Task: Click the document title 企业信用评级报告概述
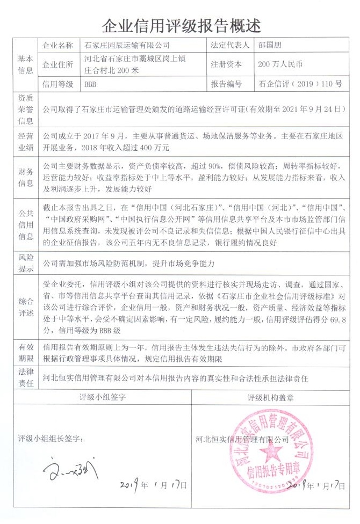click(181, 24)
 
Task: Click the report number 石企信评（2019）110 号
click(300, 84)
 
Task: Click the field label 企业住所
click(57, 64)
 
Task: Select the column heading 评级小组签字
click(103, 398)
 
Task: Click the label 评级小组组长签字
click(51, 438)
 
